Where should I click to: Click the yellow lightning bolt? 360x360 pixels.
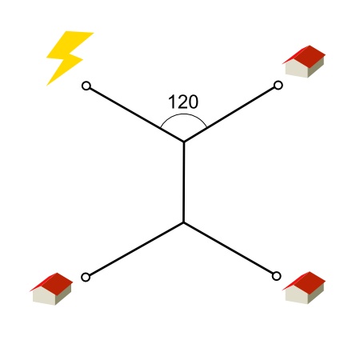(x=68, y=56)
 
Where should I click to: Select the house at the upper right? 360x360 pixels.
(x=304, y=62)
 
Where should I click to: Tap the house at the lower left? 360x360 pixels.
(x=51, y=289)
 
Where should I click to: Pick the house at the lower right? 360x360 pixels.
(x=304, y=287)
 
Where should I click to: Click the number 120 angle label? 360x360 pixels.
(x=183, y=102)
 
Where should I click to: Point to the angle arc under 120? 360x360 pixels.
(x=183, y=114)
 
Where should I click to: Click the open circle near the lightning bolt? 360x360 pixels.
(x=86, y=86)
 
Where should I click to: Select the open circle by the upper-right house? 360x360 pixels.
(x=278, y=86)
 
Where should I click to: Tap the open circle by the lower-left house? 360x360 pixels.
(x=86, y=277)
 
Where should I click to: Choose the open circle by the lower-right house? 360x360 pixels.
(x=277, y=276)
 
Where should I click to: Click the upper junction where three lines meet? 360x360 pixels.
(x=184, y=142)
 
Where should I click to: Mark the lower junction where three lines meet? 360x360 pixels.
(x=183, y=222)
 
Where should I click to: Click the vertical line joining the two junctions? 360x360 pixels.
(x=184, y=182)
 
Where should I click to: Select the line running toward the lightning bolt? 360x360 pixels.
(x=137, y=114)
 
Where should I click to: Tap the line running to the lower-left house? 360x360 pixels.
(x=136, y=249)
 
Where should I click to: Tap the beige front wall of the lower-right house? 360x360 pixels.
(x=297, y=295)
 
